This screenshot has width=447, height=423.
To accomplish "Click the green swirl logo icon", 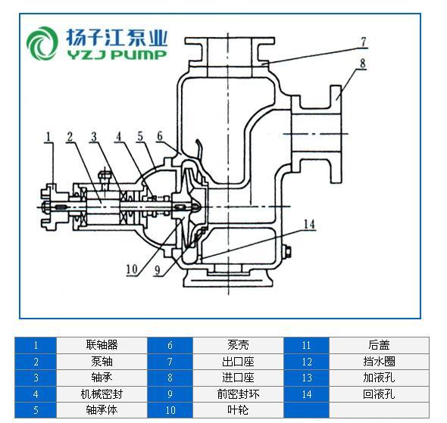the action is click(42, 43).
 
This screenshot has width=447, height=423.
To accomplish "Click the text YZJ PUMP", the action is click(117, 54).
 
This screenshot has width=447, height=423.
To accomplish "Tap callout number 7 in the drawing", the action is click(363, 42).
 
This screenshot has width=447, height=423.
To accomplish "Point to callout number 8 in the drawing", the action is click(362, 64).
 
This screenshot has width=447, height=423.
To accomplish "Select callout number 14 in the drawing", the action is click(309, 224).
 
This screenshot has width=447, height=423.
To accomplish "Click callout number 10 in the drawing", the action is click(132, 269).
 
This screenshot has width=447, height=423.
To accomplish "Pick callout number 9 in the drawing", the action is click(158, 270).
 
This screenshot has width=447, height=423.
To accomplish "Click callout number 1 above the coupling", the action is click(48, 137).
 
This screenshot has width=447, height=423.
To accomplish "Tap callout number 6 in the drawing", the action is click(160, 135).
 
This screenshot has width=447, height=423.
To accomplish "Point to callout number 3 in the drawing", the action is click(94, 137).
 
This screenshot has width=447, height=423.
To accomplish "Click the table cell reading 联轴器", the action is click(102, 345).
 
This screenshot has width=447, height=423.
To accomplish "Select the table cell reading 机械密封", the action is click(102, 394).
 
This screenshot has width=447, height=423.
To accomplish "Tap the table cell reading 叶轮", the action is click(238, 410).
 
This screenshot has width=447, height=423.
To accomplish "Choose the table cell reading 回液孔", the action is click(379, 394).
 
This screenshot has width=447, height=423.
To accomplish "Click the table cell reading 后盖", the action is click(379, 345).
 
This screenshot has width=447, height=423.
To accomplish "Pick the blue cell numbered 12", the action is click(306, 362).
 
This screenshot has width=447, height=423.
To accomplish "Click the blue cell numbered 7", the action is click(170, 362).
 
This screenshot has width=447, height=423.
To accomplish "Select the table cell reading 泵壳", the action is click(238, 345).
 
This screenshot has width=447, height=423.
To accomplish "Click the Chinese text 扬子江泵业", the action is click(117, 38).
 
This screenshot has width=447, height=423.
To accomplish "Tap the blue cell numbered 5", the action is click(36, 410).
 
